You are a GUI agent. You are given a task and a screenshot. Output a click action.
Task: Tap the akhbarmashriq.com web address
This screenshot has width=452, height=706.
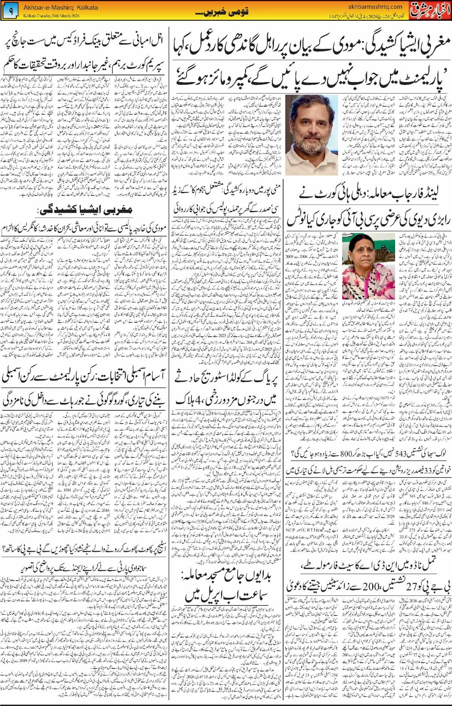[375, 7]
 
